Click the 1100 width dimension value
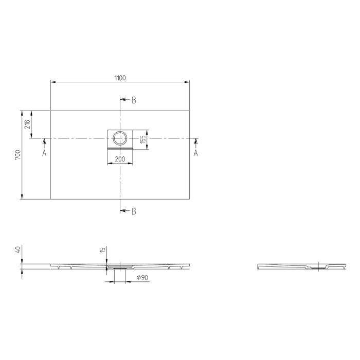[x=119, y=78]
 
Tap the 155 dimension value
[x=144, y=138]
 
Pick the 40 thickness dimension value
[x=18, y=250]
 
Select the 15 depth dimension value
[x=103, y=250]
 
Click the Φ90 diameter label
[x=142, y=278]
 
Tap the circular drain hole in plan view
[x=120, y=138]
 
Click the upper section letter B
[x=134, y=100]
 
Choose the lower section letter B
[x=134, y=211]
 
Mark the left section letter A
[x=44, y=153]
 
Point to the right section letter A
[x=196, y=153]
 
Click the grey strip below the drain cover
[x=120, y=148]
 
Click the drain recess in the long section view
[x=120, y=267]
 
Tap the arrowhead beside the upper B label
[x=122, y=100]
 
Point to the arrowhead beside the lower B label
[x=122, y=210]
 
